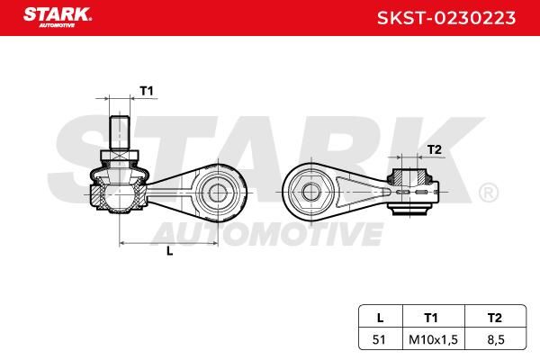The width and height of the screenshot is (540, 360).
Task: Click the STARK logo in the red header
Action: pos(58,17)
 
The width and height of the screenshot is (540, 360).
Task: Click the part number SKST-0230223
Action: pos(446,18)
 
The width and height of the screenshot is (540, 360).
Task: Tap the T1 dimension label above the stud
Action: pos(147,91)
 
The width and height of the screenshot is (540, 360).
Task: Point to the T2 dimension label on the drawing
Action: pos(435,150)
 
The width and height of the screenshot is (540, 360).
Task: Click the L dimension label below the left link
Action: pos(170,251)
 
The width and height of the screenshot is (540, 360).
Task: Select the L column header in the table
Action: pos(380,318)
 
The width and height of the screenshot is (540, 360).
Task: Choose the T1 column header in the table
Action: pos(431,318)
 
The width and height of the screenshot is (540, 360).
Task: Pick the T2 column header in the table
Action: pos(494,318)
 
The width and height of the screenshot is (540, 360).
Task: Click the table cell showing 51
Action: pos(379,339)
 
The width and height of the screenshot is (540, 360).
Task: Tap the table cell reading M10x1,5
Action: pos(433,339)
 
